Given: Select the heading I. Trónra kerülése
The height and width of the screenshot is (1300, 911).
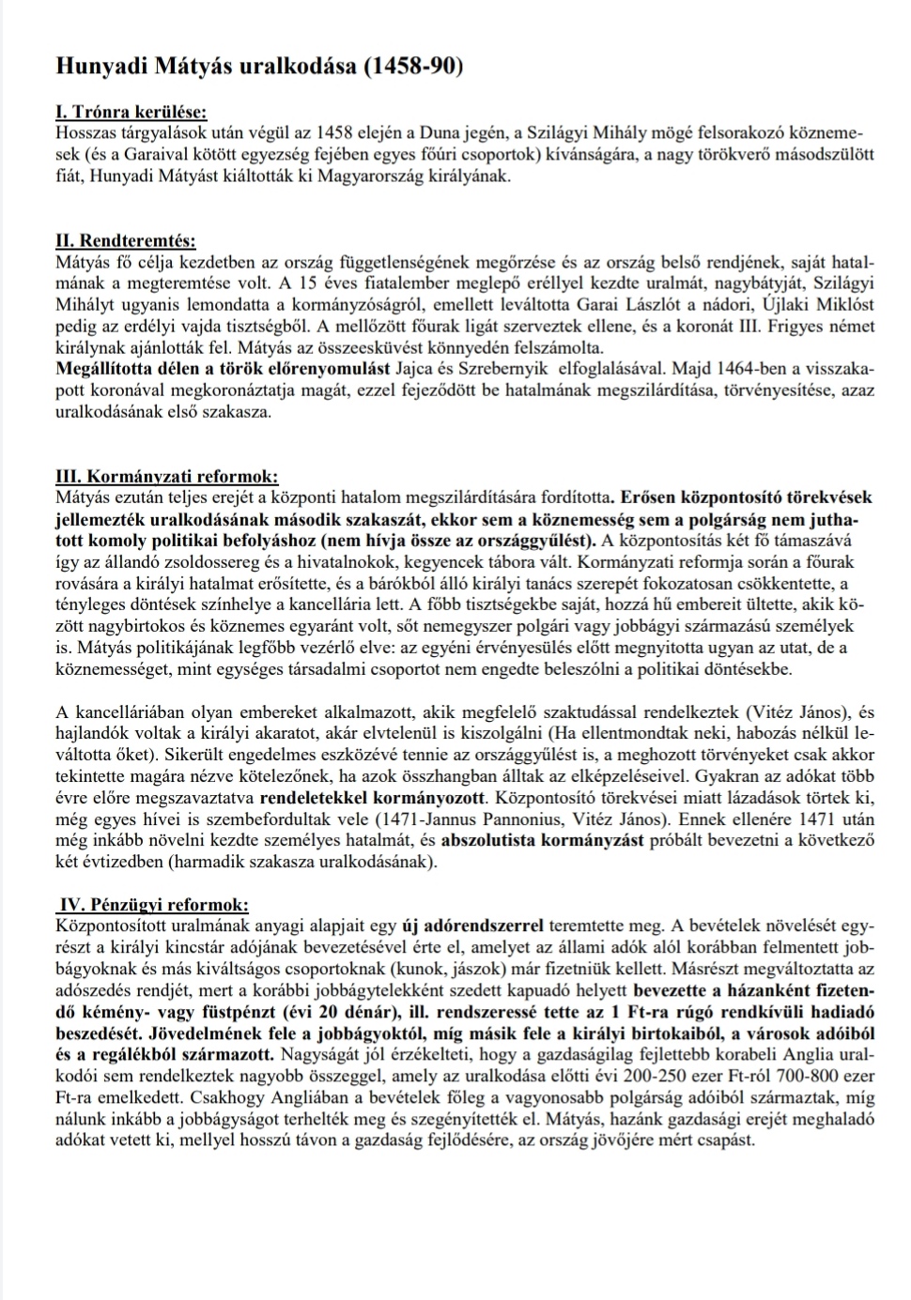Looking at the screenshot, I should click(131, 114).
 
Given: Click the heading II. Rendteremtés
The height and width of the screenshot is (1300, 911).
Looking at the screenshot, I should click(126, 241).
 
